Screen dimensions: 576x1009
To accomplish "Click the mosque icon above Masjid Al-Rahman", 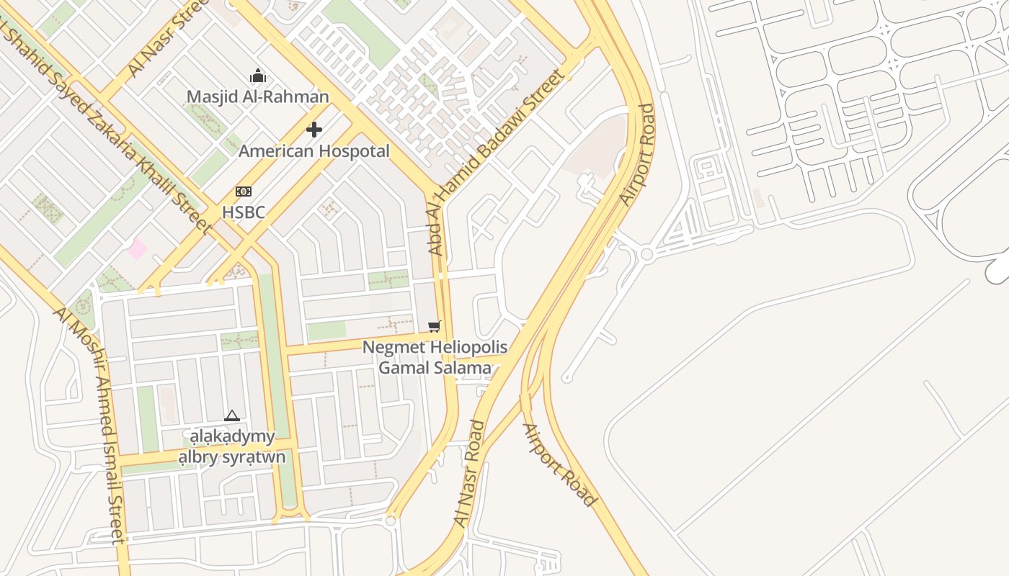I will [x=257, y=76].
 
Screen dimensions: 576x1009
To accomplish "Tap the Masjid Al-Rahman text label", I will [x=257, y=96].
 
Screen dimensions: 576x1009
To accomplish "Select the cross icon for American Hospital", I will [x=314, y=130].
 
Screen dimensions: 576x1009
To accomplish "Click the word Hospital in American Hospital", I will [x=354, y=151].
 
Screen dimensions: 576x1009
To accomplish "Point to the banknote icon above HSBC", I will [x=244, y=192].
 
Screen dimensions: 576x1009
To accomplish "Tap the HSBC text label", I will [x=244, y=212].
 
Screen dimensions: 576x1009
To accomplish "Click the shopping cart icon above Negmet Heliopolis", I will [x=434, y=327].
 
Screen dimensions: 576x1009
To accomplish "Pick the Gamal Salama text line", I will [x=435, y=368].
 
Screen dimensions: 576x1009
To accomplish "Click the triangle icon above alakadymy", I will [x=231, y=415].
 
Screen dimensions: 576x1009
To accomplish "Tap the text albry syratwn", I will [x=232, y=457].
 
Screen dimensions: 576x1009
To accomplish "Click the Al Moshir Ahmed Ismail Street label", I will [x=91, y=425].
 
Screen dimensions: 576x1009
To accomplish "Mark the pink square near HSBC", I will [x=137, y=250].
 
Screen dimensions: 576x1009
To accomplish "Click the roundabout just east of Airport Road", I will [x=646, y=254].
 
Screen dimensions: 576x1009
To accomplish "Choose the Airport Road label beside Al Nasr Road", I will [x=559, y=465].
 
